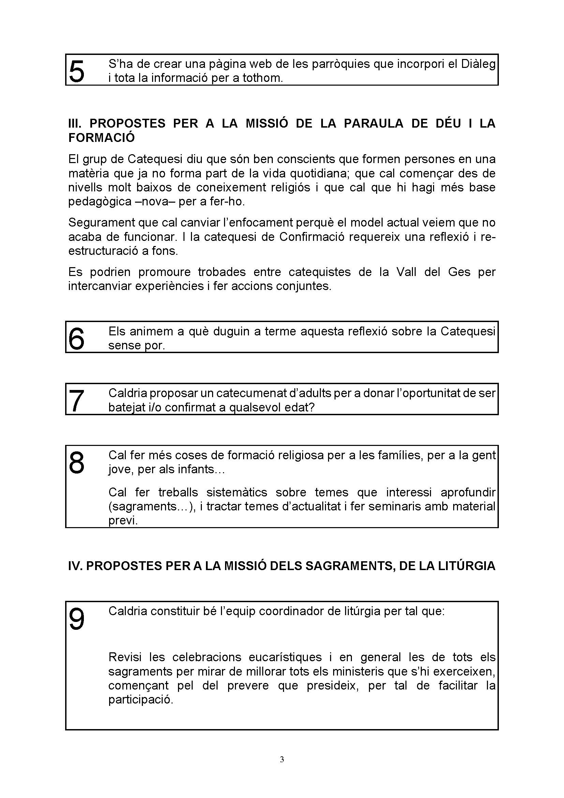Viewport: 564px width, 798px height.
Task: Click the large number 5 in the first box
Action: [77, 71]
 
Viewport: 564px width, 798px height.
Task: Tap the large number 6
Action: [76, 338]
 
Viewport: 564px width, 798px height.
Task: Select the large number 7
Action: [76, 400]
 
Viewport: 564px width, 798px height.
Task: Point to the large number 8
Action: [77, 462]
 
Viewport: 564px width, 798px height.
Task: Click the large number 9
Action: [77, 620]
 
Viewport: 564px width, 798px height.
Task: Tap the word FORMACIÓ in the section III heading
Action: [101, 138]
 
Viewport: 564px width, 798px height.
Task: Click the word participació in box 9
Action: [140, 700]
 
